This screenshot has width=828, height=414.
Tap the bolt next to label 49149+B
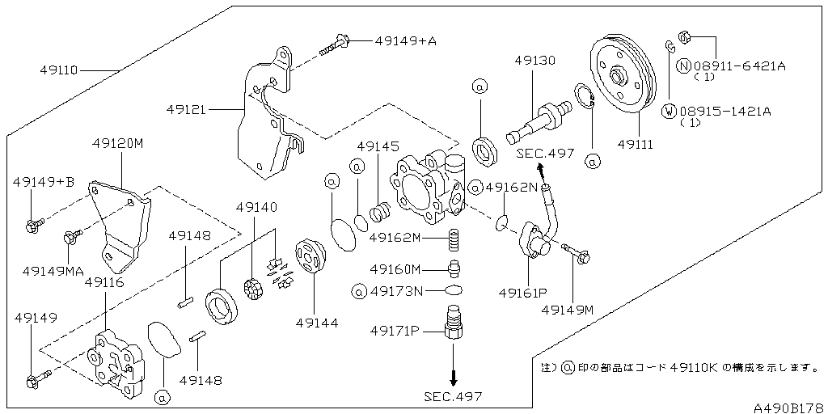[x=34, y=225]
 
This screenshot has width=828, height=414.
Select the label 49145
[x=378, y=146]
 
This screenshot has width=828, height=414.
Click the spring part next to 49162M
[x=454, y=240]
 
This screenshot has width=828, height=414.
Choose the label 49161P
[x=522, y=292]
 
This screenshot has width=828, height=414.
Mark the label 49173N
[x=396, y=289]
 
